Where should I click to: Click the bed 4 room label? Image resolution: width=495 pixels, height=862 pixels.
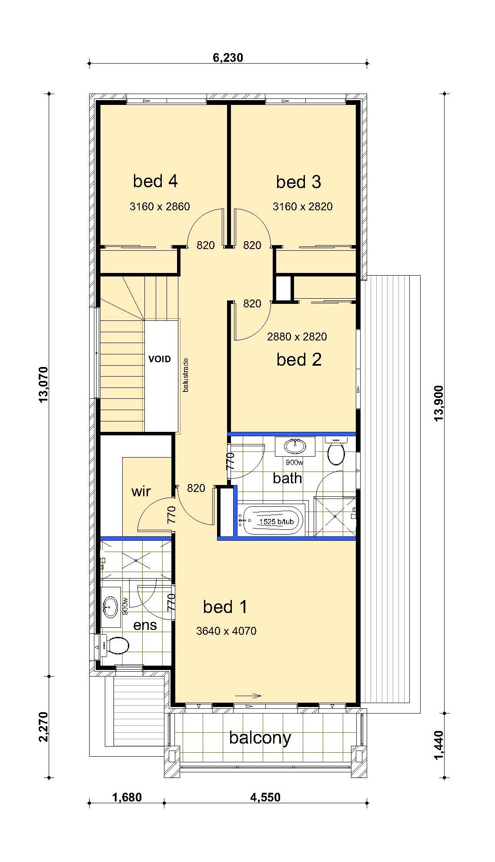pyautogui.click(x=155, y=181)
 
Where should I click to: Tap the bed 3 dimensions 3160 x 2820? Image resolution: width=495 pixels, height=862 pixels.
pyautogui.click(x=303, y=206)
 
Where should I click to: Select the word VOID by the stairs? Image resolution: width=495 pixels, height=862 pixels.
pyautogui.click(x=160, y=359)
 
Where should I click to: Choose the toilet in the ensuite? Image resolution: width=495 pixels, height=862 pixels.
pyautogui.click(x=114, y=645)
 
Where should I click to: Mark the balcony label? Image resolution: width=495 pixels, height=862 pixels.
pyautogui.click(x=260, y=738)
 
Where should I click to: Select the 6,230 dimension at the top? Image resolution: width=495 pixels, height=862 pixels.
pyautogui.click(x=228, y=58)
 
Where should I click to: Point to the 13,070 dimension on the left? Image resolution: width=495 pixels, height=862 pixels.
pyautogui.click(x=44, y=385)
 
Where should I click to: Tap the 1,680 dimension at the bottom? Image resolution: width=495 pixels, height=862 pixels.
pyautogui.click(x=127, y=798)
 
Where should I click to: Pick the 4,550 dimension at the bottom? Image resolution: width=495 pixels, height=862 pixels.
pyautogui.click(x=265, y=798)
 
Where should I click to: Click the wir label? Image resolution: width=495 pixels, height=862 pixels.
pyautogui.click(x=141, y=491)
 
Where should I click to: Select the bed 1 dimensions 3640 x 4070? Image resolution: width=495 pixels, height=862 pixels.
pyautogui.click(x=226, y=631)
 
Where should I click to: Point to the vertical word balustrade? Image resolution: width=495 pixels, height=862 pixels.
pyautogui.click(x=186, y=375)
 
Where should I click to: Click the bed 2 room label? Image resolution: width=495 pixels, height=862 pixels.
pyautogui.click(x=299, y=360)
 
